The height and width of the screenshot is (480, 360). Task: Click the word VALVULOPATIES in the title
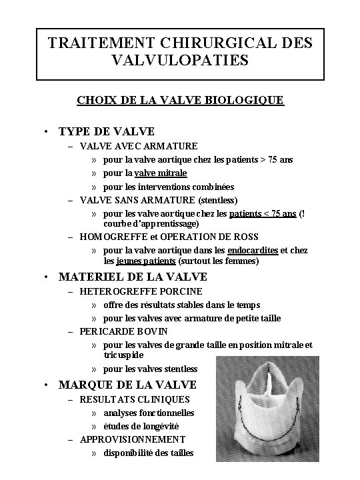[179, 61]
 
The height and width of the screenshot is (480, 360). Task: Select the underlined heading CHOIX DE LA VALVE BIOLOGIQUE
[179, 100]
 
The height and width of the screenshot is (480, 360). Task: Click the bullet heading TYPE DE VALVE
[107, 131]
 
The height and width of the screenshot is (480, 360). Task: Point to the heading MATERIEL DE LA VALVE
[133, 277]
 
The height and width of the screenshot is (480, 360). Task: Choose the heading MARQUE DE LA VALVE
[127, 385]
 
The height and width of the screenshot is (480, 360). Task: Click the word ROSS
[247, 237]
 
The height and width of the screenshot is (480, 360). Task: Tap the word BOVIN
[153, 331]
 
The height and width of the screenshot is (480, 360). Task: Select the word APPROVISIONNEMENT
[133, 439]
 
